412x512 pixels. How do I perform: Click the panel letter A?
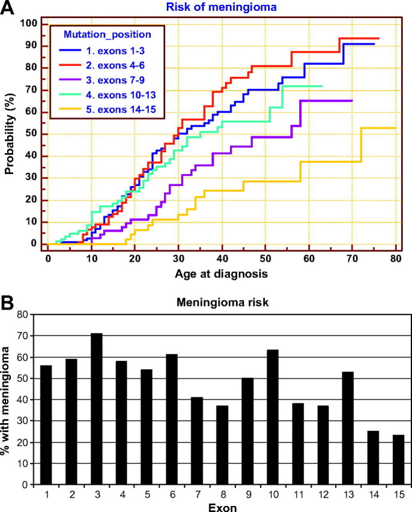(8, 8)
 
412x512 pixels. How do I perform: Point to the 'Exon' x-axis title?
(222, 506)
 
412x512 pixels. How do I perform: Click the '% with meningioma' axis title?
(9, 399)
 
